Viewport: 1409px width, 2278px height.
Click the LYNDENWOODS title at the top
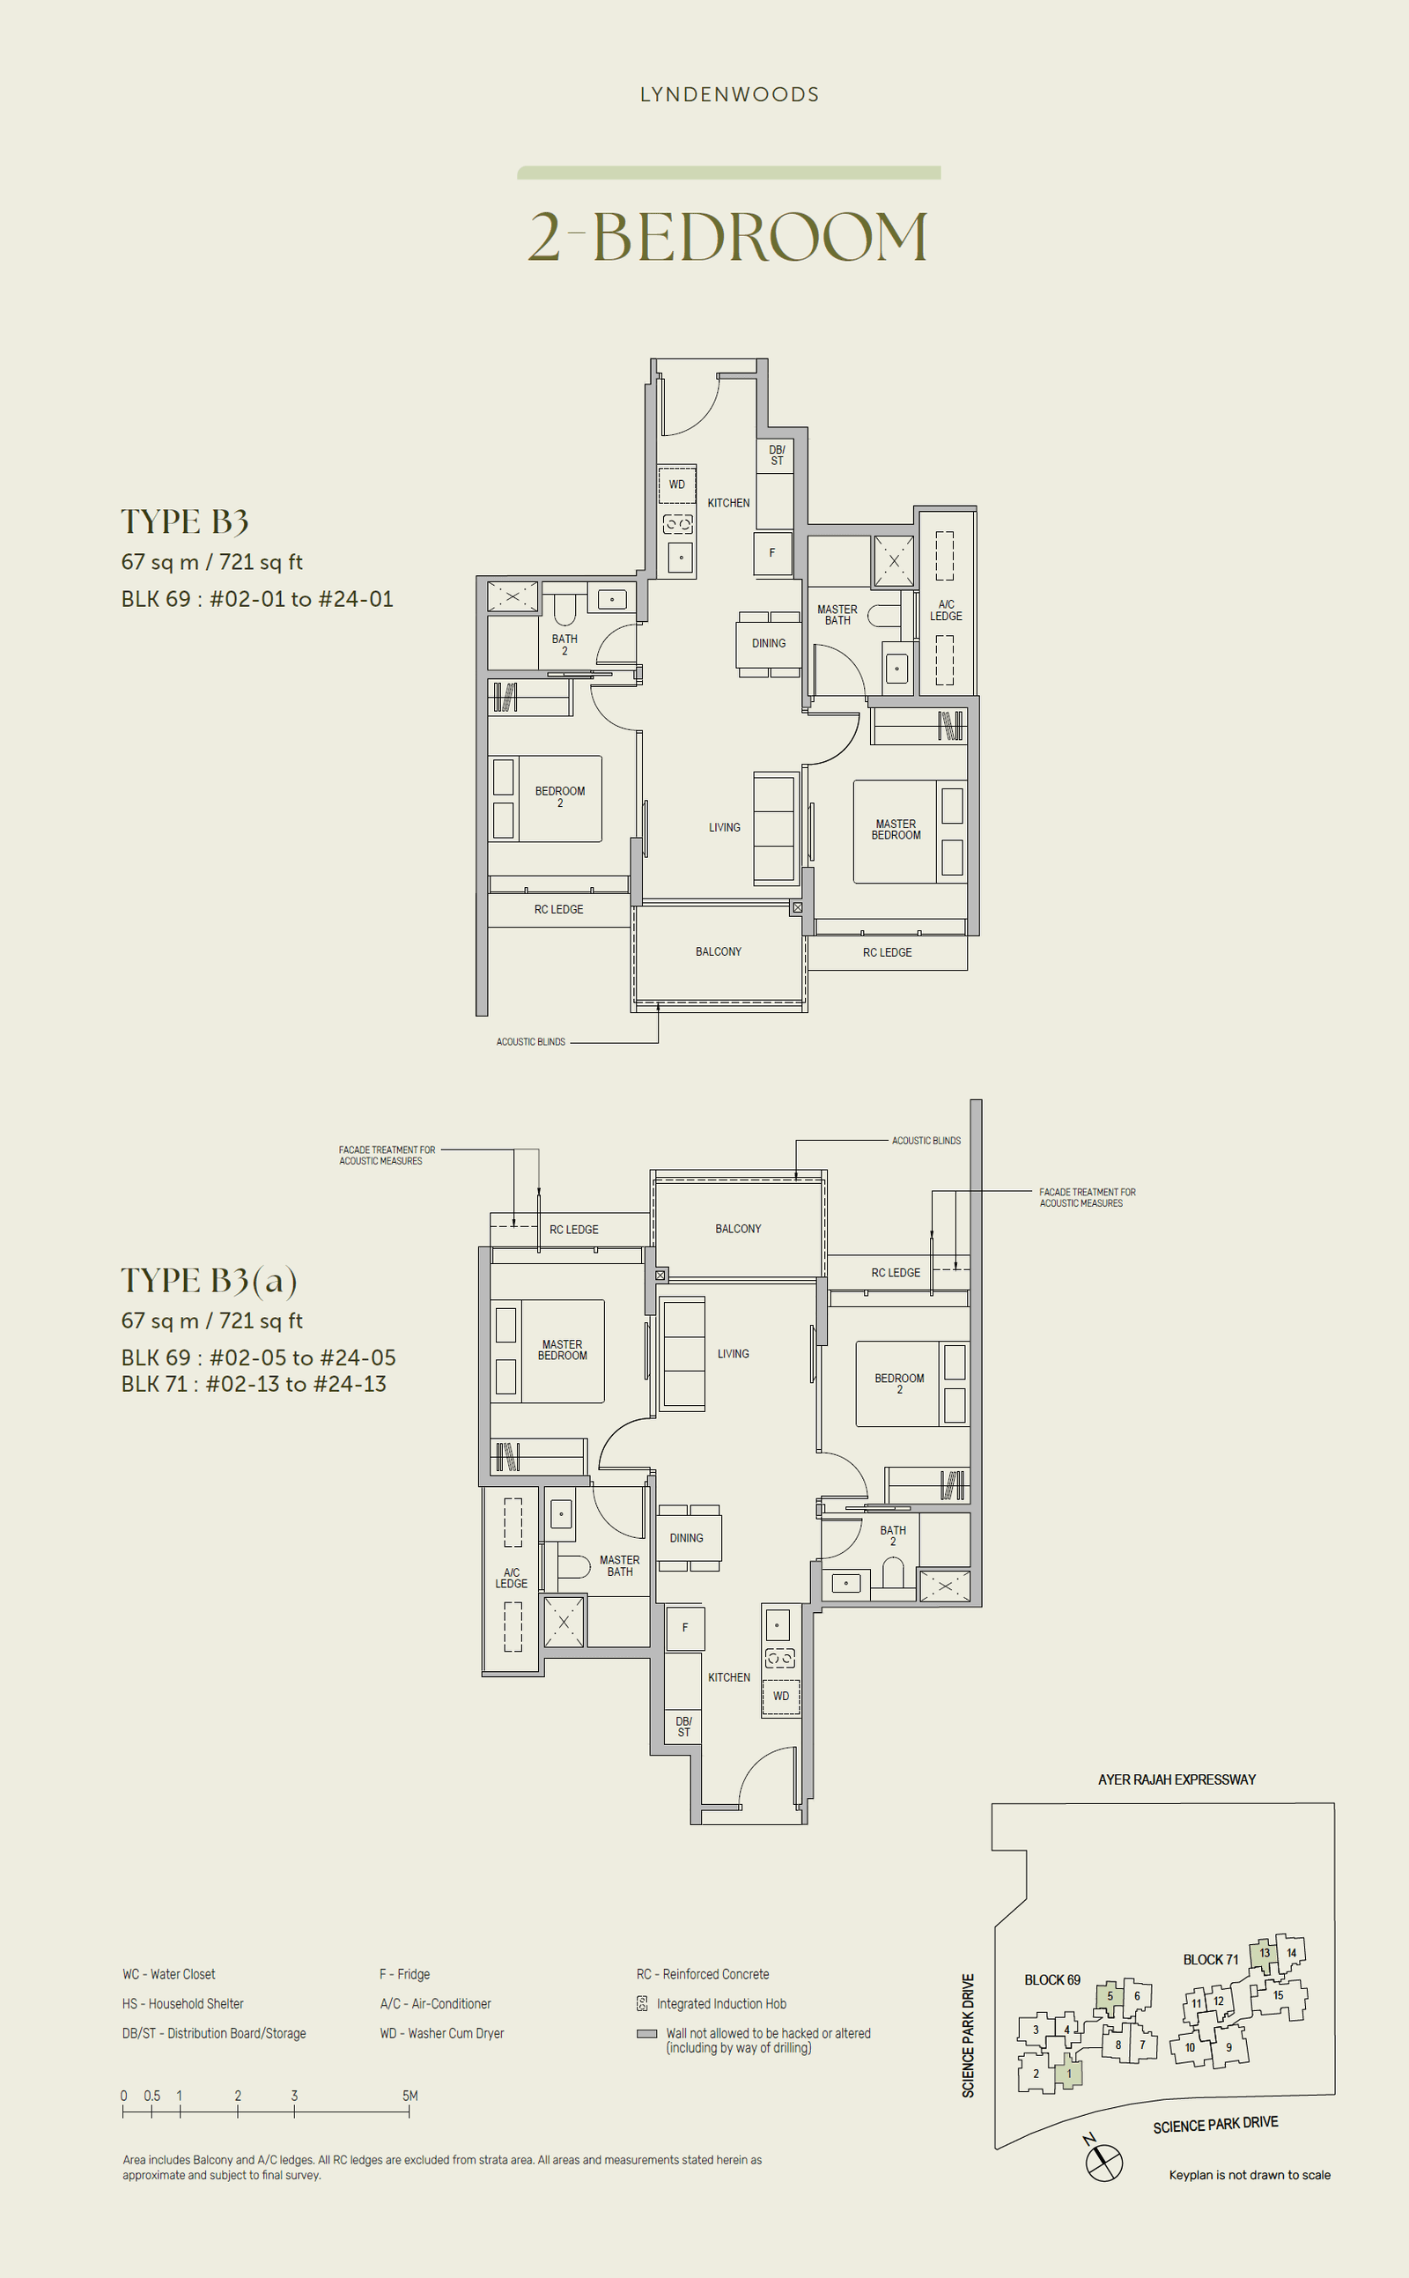[x=729, y=94]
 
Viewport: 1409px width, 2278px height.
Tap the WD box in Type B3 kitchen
[x=677, y=484]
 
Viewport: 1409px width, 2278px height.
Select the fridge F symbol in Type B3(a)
[x=685, y=1627]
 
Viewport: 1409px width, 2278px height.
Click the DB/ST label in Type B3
[x=776, y=455]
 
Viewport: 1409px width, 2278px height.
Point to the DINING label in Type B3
[x=768, y=643]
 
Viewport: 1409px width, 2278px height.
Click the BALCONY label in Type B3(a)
[x=738, y=1229]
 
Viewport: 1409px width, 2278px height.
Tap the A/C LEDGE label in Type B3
[x=946, y=610]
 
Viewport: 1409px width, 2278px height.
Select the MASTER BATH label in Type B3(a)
[x=620, y=1565]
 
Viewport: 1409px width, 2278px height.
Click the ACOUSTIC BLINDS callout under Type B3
[x=530, y=1042]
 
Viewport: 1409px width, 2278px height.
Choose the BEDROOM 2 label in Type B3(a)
[x=898, y=1383]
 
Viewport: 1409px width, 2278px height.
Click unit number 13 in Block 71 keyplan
[x=1265, y=1953]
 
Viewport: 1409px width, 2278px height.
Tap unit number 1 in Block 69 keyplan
[x=1069, y=2074]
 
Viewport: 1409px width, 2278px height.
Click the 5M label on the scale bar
[x=410, y=2096]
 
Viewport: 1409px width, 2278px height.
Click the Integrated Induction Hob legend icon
[x=642, y=2003]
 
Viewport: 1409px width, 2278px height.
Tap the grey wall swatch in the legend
[x=645, y=2034]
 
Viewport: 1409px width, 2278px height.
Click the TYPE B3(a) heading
[x=209, y=1281]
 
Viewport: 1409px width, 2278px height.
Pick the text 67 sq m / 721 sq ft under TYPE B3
[x=211, y=562]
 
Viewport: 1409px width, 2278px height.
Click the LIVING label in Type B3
[x=724, y=827]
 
